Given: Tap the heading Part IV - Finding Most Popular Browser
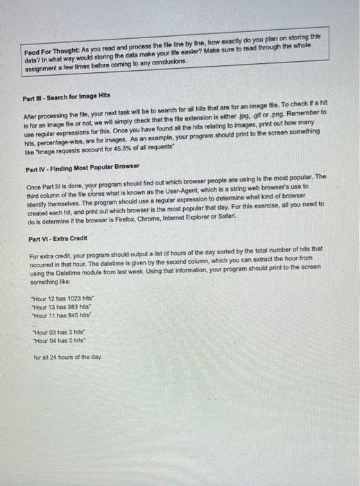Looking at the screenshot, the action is [82, 169].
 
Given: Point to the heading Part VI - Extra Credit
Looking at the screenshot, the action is [59, 240].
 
